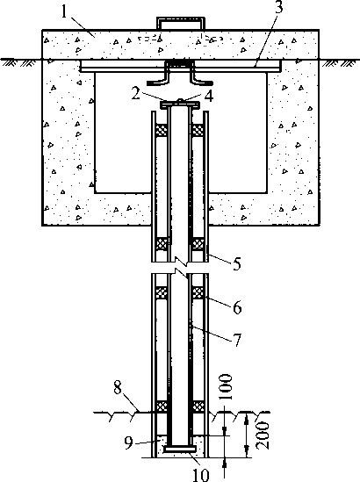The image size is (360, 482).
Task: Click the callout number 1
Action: point(64,12)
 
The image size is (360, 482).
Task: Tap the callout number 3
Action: point(278,7)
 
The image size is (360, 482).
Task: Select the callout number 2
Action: point(135,94)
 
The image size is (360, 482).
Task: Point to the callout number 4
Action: point(209,97)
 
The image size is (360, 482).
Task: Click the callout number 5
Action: point(236,263)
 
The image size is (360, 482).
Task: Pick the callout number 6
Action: point(237,307)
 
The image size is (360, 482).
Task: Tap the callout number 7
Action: point(237,340)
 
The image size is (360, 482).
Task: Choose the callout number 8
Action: point(118,388)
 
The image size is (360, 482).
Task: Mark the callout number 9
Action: point(129,443)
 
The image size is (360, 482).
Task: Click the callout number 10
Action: point(201,475)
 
